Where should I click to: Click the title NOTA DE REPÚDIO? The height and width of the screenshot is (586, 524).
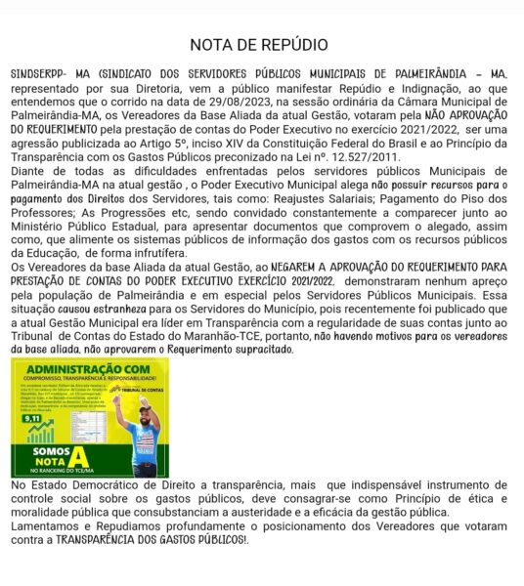click(259, 45)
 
